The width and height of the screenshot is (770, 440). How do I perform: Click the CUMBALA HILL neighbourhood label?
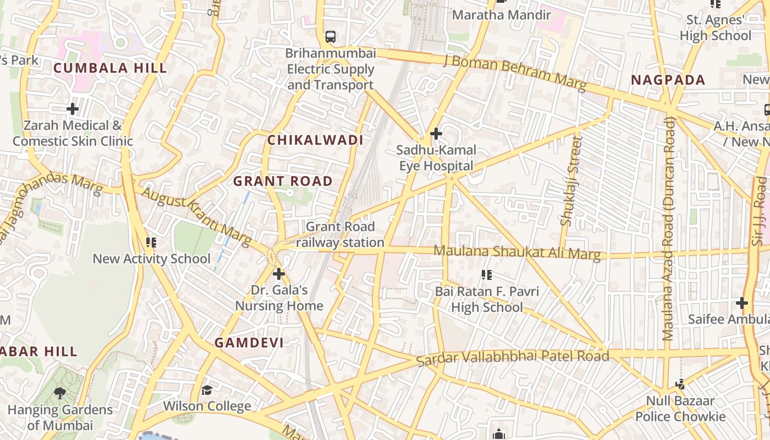pyautogui.click(x=110, y=68)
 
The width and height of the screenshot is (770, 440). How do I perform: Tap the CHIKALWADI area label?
pyautogui.click(x=315, y=140)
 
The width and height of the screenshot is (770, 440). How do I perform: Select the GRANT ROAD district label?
pyautogui.click(x=283, y=181)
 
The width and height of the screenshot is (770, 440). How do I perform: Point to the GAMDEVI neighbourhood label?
pyautogui.click(x=249, y=343)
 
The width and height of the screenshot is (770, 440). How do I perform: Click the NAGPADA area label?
pyautogui.click(x=668, y=80)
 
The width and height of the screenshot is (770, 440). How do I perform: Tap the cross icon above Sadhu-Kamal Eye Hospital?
pyautogui.click(x=436, y=134)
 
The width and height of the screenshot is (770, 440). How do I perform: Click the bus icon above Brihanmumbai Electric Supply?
pyautogui.click(x=330, y=37)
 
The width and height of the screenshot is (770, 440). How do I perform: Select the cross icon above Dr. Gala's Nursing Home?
pyautogui.click(x=279, y=273)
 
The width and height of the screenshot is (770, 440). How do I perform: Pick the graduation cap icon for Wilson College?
pyautogui.click(x=207, y=391)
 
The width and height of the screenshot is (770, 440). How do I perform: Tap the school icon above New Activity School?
pyautogui.click(x=151, y=243)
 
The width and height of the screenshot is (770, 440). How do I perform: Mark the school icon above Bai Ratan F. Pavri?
pyautogui.click(x=486, y=274)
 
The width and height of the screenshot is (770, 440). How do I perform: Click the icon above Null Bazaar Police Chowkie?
pyautogui.click(x=680, y=384)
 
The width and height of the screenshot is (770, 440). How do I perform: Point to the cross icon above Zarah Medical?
pyautogui.click(x=72, y=109)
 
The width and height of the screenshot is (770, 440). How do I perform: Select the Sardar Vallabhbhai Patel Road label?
pyautogui.click(x=512, y=358)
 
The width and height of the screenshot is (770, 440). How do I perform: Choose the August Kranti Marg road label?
pyautogui.click(x=196, y=216)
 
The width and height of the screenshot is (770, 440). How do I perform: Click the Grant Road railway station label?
pyautogui.click(x=340, y=234)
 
